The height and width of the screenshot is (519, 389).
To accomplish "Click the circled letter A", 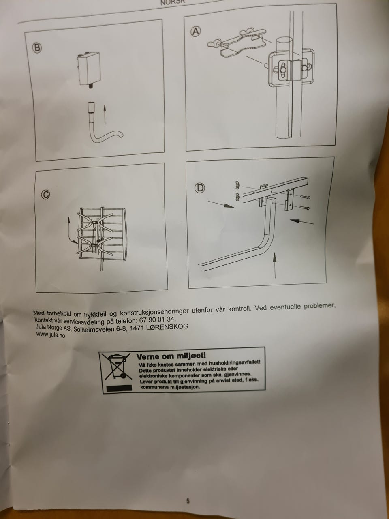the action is (x=196, y=32).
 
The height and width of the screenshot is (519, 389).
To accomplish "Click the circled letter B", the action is (x=37, y=48).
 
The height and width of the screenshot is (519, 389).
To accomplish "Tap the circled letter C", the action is (x=45, y=195).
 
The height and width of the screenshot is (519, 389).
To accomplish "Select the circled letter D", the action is (x=200, y=188).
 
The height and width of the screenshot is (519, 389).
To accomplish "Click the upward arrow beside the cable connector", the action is (x=105, y=114).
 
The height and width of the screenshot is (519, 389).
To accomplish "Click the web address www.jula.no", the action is (x=50, y=335).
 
